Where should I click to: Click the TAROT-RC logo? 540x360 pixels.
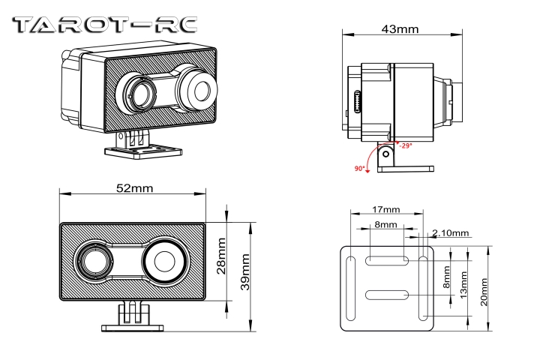[106, 24]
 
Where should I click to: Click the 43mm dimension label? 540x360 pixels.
[399, 29]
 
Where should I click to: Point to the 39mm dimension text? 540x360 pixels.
[244, 268]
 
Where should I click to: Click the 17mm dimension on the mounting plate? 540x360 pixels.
[385, 209]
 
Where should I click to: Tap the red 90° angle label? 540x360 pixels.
[361, 168]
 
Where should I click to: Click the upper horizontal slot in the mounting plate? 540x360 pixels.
[386, 259]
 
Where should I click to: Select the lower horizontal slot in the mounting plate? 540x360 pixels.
[386, 295]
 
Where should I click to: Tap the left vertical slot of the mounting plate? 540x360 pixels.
[350, 288]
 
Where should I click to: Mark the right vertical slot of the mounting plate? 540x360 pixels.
[423, 288]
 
